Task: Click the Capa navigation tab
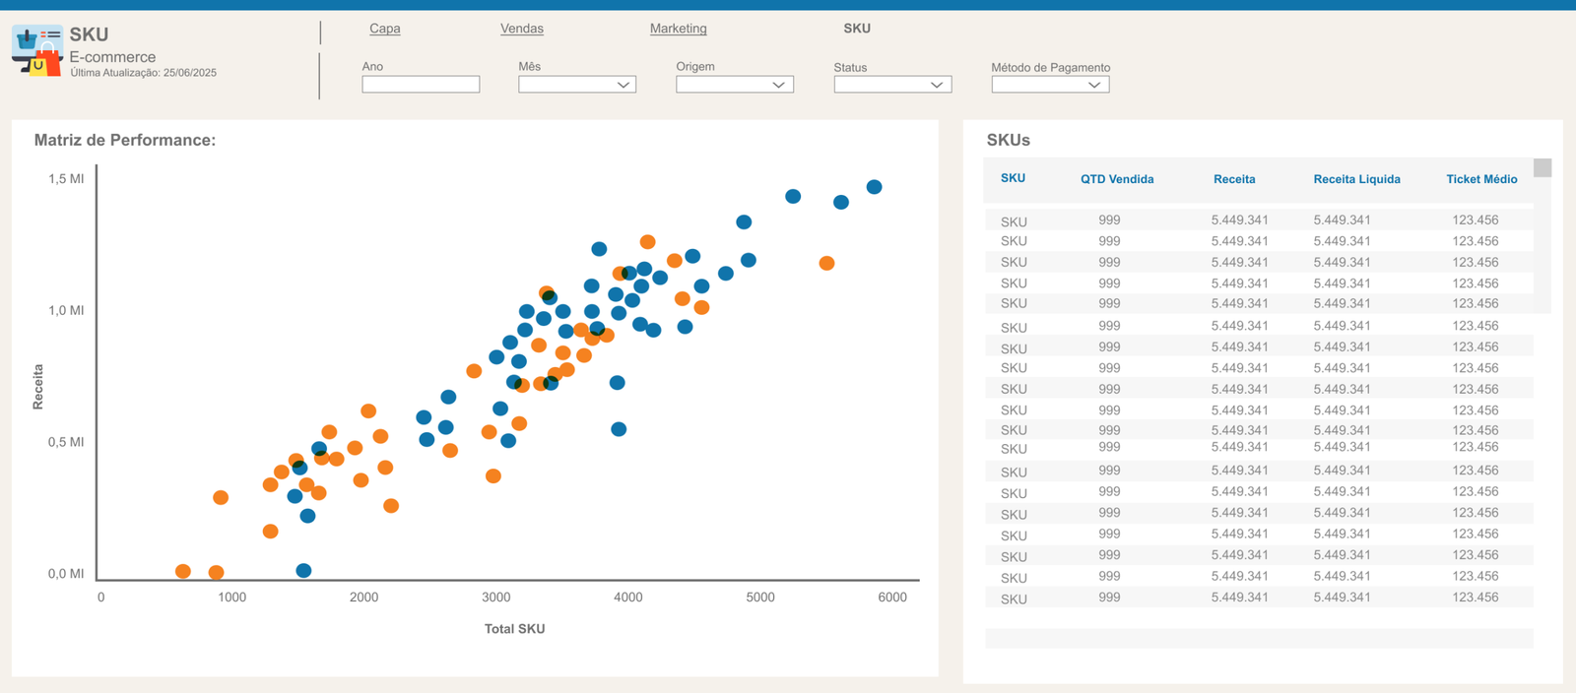[385, 29]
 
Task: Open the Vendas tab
[521, 29]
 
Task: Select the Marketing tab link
[679, 29]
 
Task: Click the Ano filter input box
[421, 85]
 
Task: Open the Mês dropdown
[577, 85]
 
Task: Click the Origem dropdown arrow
[778, 85]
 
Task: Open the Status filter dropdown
[892, 85]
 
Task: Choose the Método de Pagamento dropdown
[1050, 85]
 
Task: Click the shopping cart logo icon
[37, 50]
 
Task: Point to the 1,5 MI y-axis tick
[66, 179]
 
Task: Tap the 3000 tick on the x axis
[496, 598]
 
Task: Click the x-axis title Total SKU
[514, 629]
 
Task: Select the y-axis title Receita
[38, 387]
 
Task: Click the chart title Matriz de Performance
[125, 140]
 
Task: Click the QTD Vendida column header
[1117, 179]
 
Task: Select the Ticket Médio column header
[1481, 179]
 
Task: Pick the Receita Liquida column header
[1356, 179]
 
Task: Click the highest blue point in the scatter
[874, 187]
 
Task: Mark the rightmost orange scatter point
[826, 263]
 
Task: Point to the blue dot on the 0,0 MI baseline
[303, 571]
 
